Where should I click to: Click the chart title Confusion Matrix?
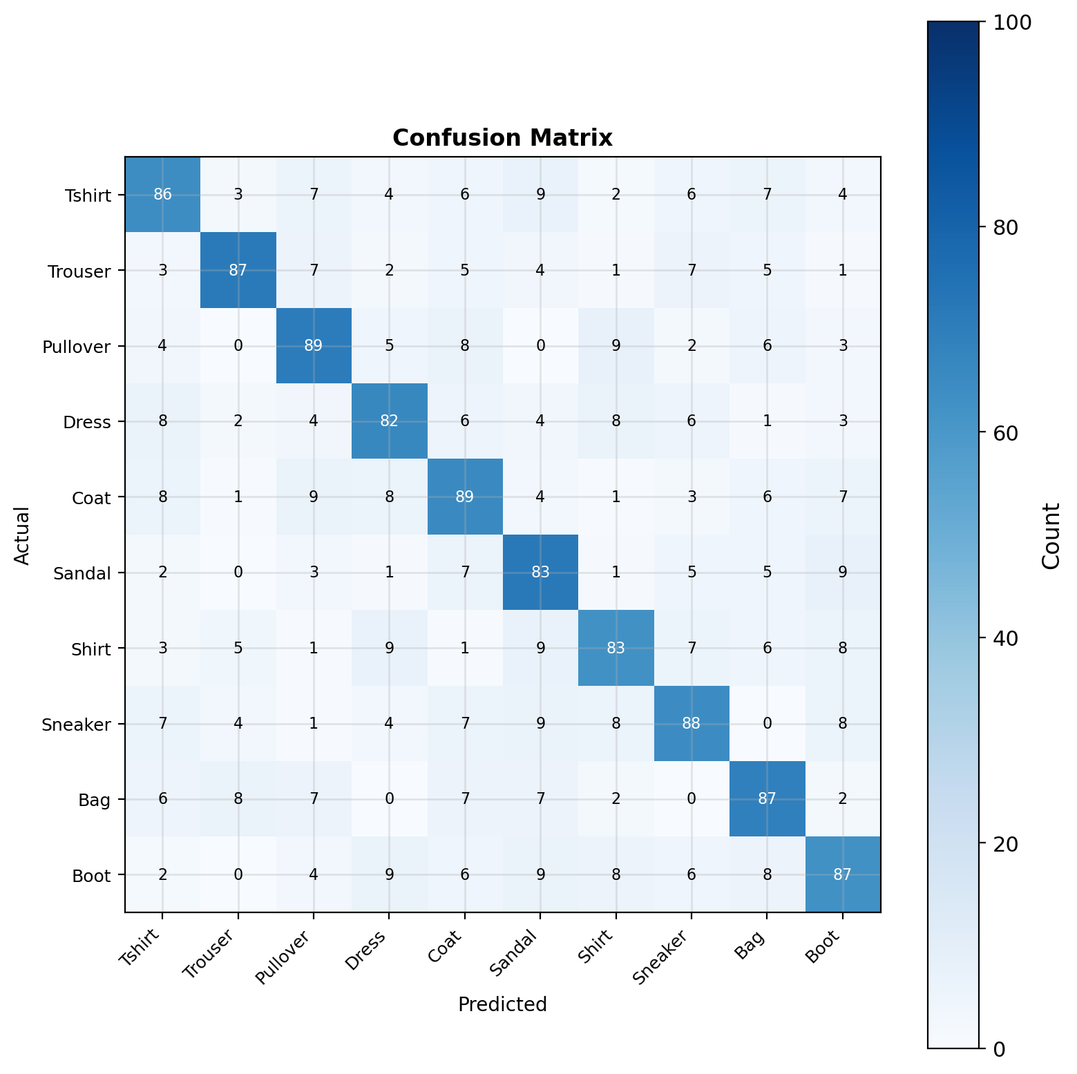(502, 138)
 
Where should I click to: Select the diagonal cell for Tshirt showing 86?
(162, 195)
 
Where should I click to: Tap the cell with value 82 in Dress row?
(389, 421)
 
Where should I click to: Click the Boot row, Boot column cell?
(842, 874)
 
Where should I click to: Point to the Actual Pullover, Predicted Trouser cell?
(238, 346)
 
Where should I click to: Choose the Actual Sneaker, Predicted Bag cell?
(767, 724)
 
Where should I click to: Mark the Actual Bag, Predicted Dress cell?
(389, 799)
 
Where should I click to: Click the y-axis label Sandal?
(84, 573)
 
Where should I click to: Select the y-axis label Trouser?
(79, 271)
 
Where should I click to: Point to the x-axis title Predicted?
(502, 1004)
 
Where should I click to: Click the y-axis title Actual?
(23, 535)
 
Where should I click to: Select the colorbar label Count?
(1051, 535)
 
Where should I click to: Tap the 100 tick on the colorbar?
(1012, 23)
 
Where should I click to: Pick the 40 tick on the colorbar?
(1007, 638)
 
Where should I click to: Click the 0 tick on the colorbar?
(1000, 1048)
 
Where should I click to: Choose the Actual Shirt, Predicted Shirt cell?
(616, 649)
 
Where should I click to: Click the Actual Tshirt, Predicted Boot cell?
(842, 195)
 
